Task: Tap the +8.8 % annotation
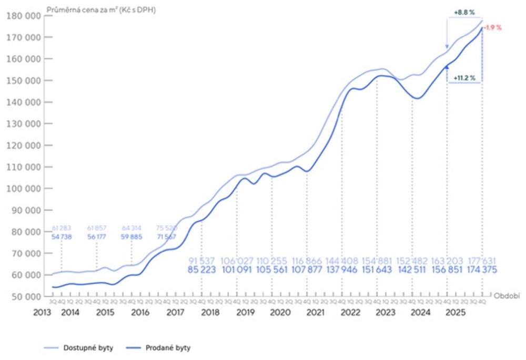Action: [x=463, y=12]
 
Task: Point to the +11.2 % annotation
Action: [x=464, y=78]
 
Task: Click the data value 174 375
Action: [x=481, y=270]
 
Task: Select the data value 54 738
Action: [x=62, y=237]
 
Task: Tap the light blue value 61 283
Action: [x=62, y=228]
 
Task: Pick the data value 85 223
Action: [x=203, y=270]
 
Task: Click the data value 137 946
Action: [x=341, y=270]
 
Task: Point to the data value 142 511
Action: [x=412, y=270]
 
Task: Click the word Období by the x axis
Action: [x=505, y=295]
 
